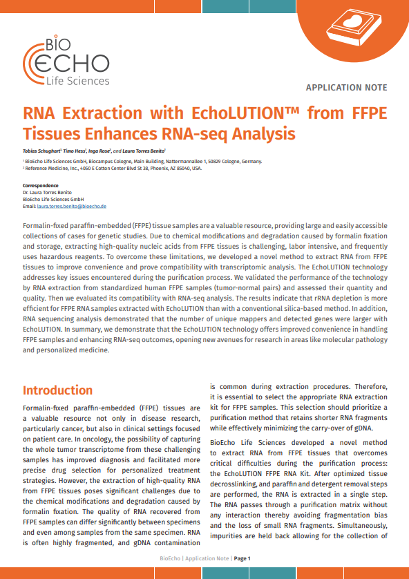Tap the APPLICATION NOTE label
click(x=346, y=88)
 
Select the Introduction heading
click(x=57, y=390)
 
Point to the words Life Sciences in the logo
click(x=78, y=81)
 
